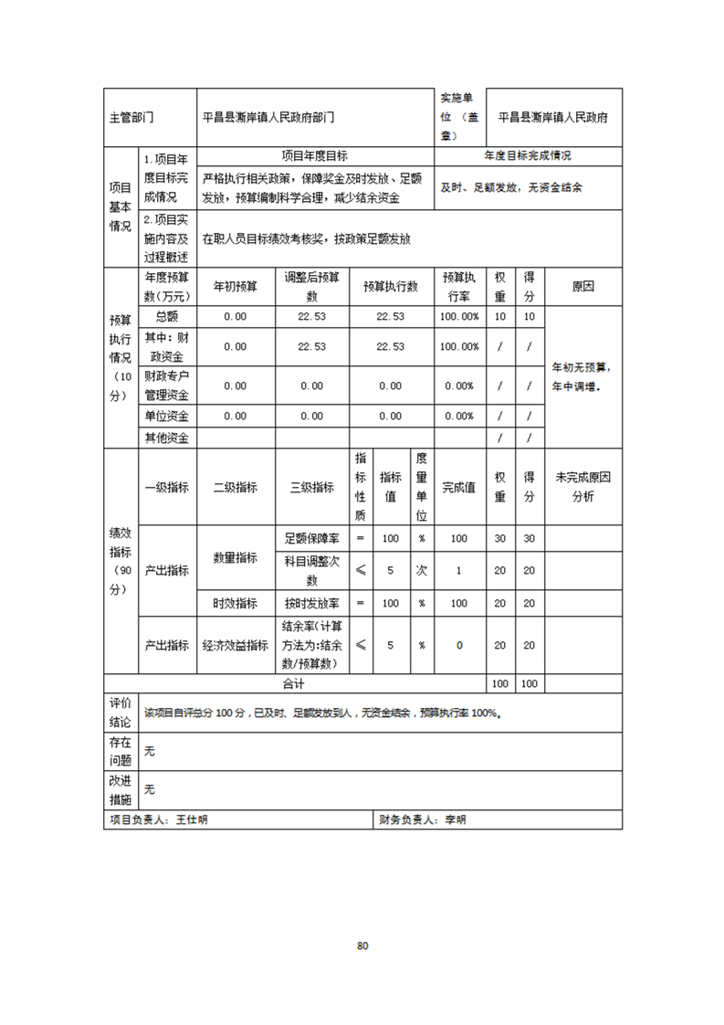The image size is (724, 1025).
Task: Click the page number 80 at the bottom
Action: point(362,946)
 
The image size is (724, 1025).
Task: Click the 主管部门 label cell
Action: point(132,118)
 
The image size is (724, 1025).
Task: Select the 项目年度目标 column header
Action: point(314,156)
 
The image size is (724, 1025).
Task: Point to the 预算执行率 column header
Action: point(459,286)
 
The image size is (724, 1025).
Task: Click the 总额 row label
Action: point(166,316)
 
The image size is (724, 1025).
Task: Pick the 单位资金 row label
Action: point(166,416)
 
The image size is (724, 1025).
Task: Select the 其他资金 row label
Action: point(166,438)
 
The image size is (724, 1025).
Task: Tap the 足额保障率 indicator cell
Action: point(312,538)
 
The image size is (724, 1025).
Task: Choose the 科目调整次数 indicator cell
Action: point(312,570)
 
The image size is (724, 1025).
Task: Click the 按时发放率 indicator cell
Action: point(312,603)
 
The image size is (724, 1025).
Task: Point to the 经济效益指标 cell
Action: point(235,645)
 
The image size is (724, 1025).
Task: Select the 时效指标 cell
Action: point(235,603)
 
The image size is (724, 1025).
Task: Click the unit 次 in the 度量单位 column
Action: point(422,570)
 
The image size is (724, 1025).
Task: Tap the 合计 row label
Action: point(293,683)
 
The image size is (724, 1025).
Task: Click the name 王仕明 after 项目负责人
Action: point(193,820)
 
